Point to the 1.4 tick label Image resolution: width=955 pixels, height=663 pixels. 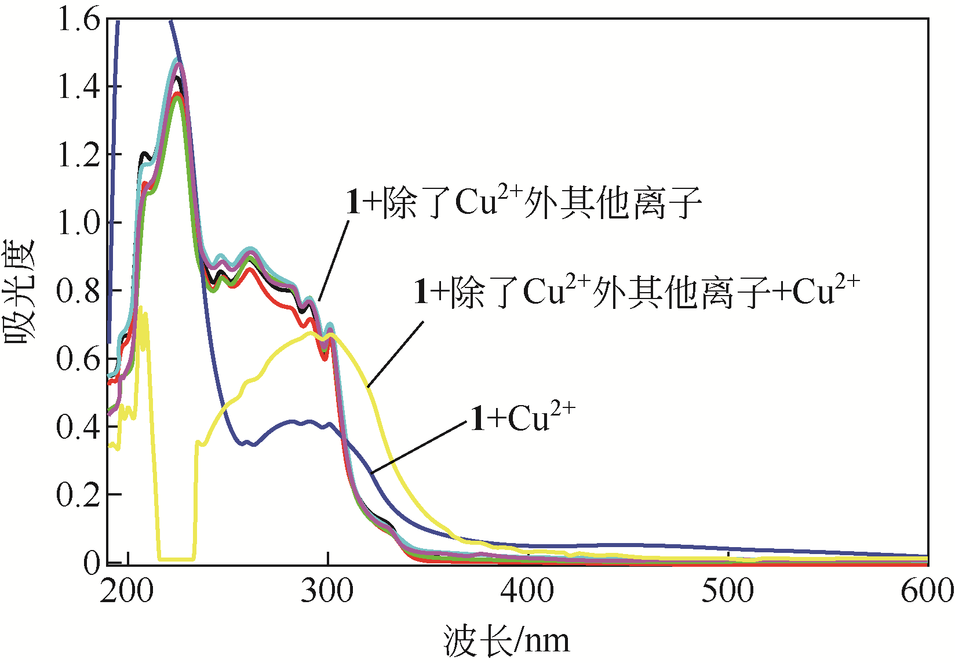[x=78, y=87]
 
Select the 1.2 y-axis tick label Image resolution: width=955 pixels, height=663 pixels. [x=78, y=155]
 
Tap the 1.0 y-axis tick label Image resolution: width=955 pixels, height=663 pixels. [x=78, y=223]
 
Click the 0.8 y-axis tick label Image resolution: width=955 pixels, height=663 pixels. [x=78, y=290]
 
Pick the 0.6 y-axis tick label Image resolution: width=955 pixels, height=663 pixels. [x=78, y=358]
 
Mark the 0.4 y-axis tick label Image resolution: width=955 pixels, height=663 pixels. [x=78, y=426]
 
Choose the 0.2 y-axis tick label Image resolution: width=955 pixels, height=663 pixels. [x=78, y=494]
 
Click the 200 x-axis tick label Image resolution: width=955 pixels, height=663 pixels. [x=127, y=591]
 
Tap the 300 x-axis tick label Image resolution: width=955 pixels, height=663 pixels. [x=327, y=591]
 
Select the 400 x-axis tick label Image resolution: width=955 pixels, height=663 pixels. [x=527, y=591]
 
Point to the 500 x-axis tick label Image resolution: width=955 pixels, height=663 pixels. [x=728, y=591]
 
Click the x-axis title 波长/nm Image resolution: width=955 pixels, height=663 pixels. [x=506, y=641]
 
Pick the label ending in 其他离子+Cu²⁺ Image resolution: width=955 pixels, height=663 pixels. [x=636, y=291]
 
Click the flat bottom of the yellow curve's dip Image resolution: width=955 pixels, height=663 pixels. [x=176, y=559]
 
